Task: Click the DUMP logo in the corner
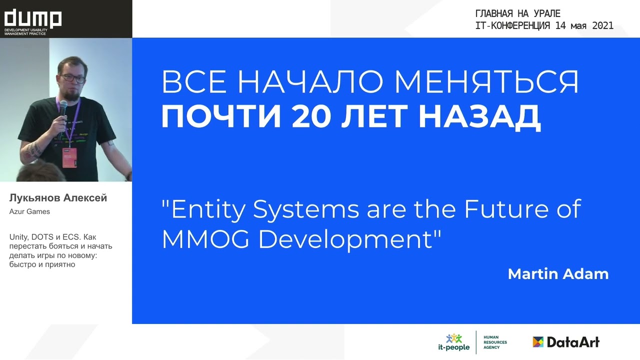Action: tap(33, 19)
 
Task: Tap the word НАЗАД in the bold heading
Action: tap(479, 116)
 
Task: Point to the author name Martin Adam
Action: tap(558, 274)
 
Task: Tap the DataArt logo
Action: tap(566, 342)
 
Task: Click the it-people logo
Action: tap(454, 342)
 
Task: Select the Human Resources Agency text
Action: tap(494, 342)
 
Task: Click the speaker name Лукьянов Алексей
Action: tap(58, 198)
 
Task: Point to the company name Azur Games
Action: tap(29, 211)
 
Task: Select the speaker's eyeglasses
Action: tap(72, 78)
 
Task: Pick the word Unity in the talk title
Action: tap(18, 236)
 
